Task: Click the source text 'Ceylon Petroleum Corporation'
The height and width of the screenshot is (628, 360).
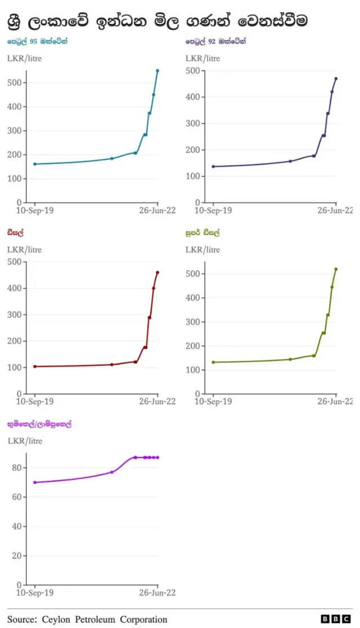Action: coord(104,619)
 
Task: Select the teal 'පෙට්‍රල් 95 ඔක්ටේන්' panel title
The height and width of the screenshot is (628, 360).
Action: coord(37,41)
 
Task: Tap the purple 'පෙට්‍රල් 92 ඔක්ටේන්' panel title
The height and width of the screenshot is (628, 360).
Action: coord(216,41)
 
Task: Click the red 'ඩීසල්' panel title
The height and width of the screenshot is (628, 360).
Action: coord(16,232)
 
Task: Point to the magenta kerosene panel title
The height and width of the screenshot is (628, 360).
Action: coord(39,424)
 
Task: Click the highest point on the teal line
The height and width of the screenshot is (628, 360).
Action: coord(157,70)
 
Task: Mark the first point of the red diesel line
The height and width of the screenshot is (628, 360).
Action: coord(35,366)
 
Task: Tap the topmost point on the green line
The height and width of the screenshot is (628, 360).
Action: coord(336,269)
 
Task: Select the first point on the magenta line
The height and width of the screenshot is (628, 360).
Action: coord(35,482)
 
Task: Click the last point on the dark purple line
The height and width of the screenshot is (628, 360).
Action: coord(336,78)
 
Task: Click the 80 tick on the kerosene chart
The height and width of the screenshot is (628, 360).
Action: coord(17,468)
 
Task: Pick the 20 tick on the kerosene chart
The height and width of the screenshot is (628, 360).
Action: coord(17,555)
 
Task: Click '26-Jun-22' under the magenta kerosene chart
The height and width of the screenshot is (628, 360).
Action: coord(157,593)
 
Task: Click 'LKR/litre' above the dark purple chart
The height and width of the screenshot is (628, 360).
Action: coord(202,58)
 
